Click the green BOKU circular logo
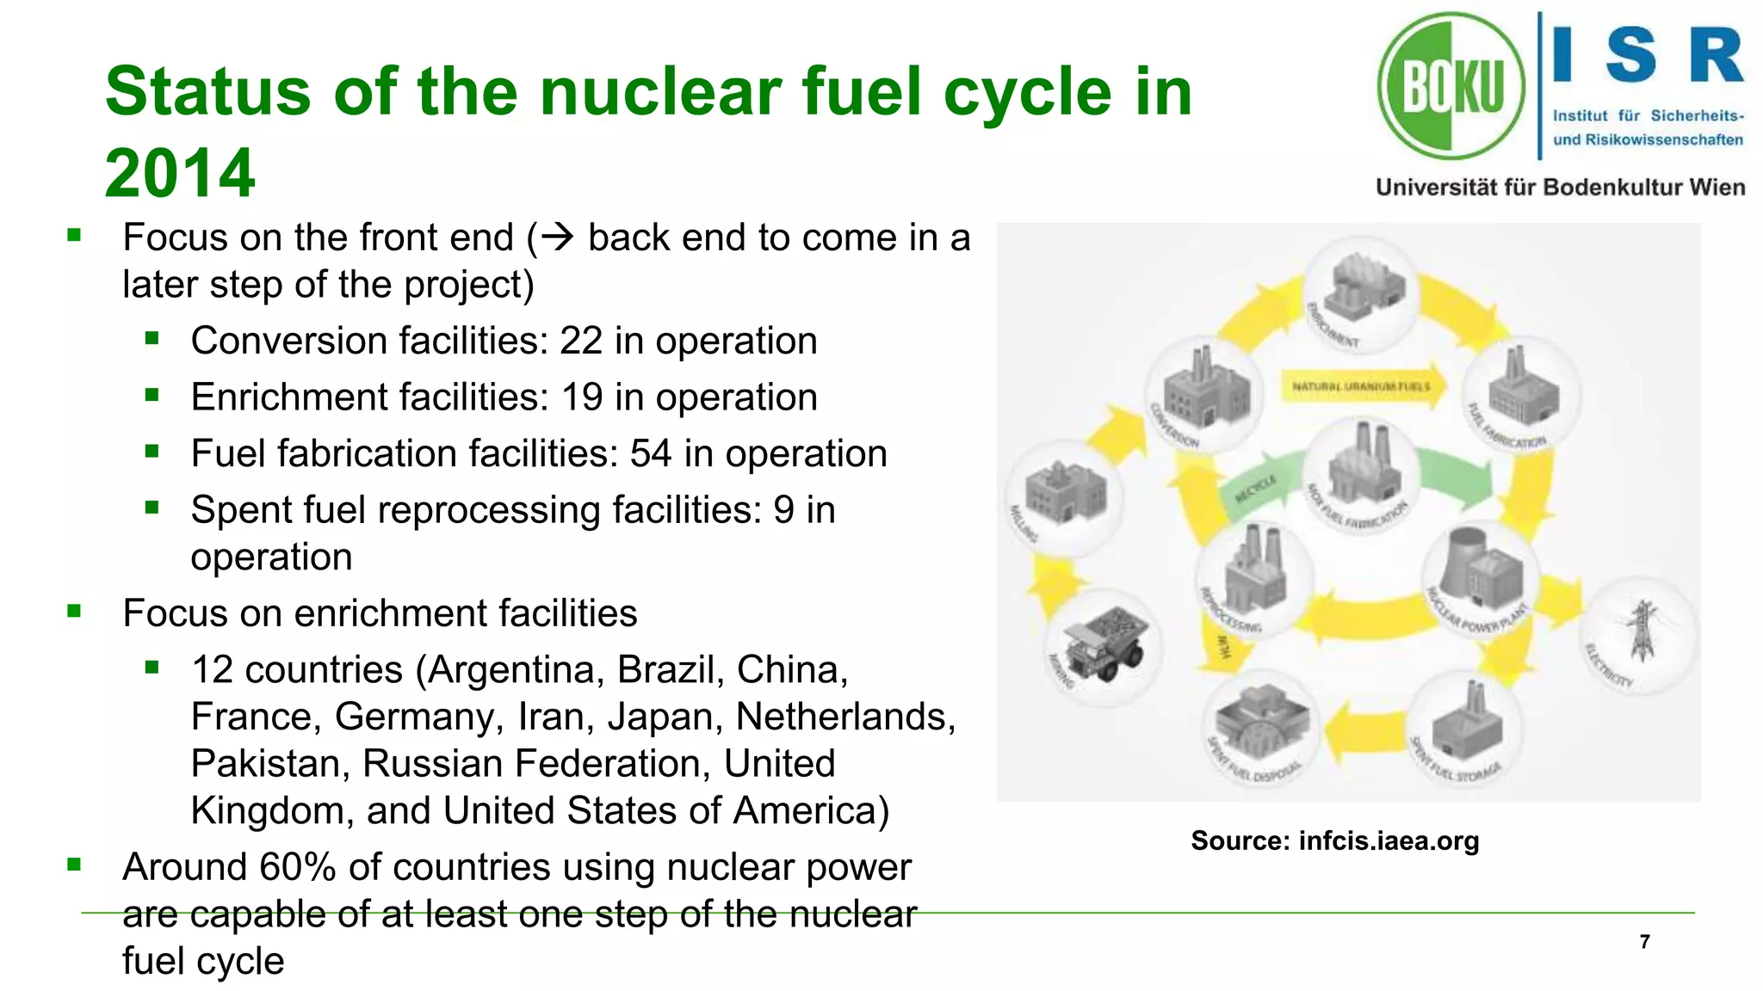point(1451,86)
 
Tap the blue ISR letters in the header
point(1647,55)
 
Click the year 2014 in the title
point(180,173)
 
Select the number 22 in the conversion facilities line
point(581,341)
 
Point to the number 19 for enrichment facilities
point(581,397)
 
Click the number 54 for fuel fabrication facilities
point(651,453)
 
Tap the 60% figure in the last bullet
point(297,866)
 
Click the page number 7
point(1644,942)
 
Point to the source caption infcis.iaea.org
point(1388,840)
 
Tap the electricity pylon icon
point(1642,631)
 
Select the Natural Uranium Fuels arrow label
point(1361,386)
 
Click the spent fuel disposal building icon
point(1262,722)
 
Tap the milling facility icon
point(1064,493)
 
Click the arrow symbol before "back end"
point(558,237)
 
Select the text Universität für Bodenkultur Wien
point(1560,188)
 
